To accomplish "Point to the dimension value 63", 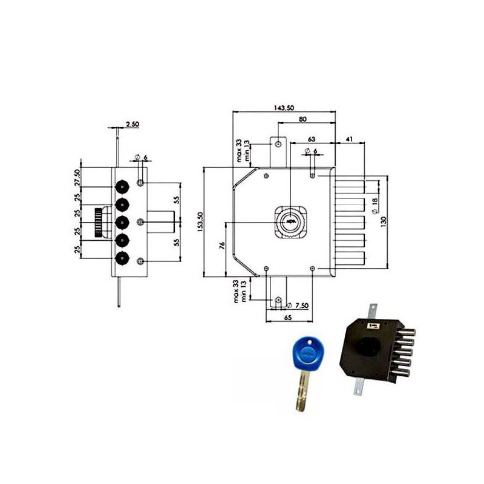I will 312,139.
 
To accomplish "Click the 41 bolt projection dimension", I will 349,139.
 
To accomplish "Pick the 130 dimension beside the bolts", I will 383,221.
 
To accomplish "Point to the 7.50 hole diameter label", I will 301,306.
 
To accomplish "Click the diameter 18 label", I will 374,206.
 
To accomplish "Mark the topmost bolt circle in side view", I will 122,186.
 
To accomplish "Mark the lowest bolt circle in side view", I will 122,260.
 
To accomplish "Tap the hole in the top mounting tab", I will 278,144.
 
